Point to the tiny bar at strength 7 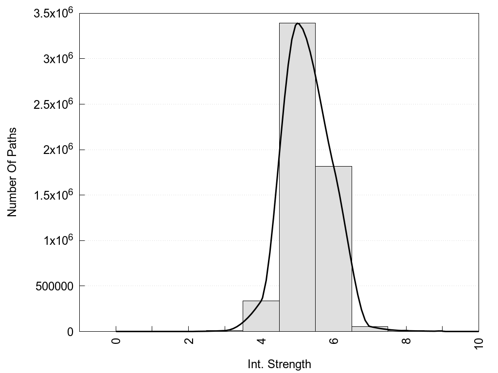tap(370, 329)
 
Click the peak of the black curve tap(298, 23)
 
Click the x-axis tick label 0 tap(116, 340)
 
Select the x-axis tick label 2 tap(189, 340)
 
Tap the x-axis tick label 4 tap(261, 340)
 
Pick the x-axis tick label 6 tap(334, 340)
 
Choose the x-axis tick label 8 tap(407, 340)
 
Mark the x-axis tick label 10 tap(479, 343)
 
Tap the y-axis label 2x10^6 tap(57, 150)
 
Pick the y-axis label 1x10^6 tap(57, 240)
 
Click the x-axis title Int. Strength tap(279, 364)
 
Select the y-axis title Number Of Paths tap(12, 172)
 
